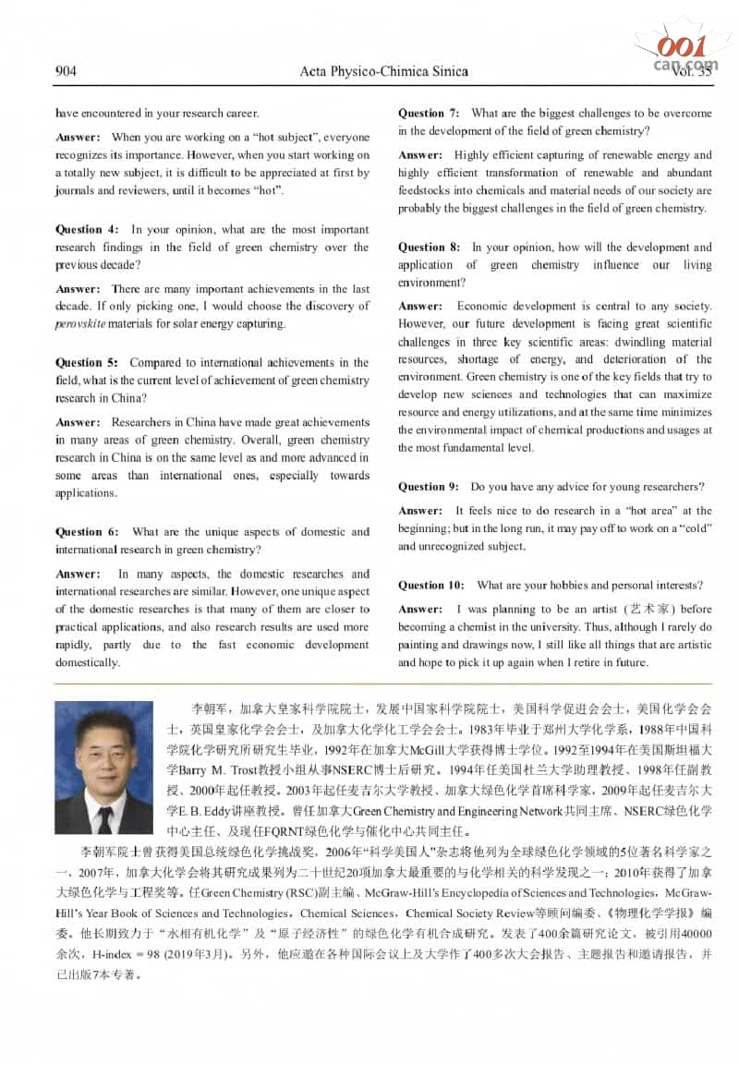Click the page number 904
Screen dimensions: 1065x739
coord(66,71)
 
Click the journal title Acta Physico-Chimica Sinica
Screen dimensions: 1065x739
coord(384,71)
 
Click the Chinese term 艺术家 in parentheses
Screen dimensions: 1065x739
coord(646,610)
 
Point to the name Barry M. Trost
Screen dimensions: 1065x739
coord(224,768)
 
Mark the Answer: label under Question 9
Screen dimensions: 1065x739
coord(420,511)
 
